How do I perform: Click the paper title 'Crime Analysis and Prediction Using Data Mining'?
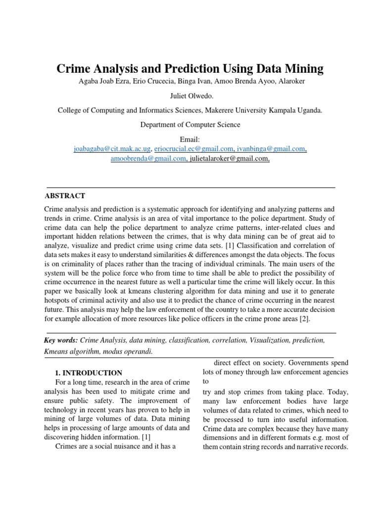click(x=190, y=69)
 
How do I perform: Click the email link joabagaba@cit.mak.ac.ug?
click(x=112, y=149)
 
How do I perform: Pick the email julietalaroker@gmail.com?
click(x=230, y=158)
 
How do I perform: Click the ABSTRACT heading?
click(x=65, y=196)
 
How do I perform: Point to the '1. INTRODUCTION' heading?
click(x=89, y=372)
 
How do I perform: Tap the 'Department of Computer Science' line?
click(x=190, y=125)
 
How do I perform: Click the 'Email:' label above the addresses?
click(x=190, y=140)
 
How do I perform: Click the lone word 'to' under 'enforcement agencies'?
click(x=206, y=382)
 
